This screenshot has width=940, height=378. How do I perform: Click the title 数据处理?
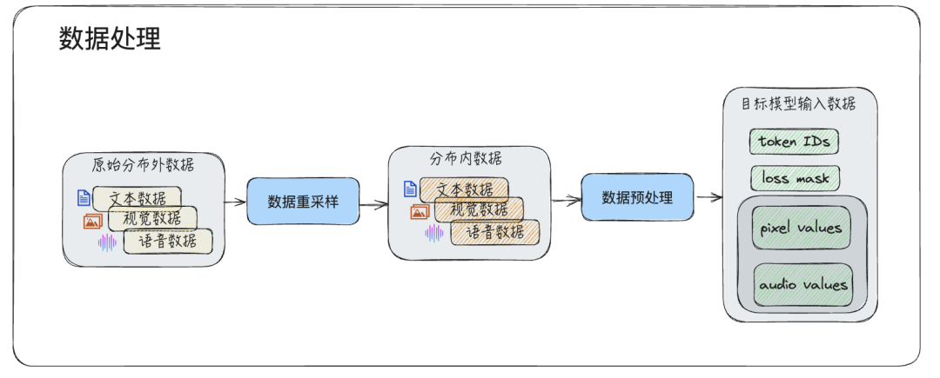(x=110, y=39)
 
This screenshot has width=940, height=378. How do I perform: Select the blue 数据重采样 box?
(x=302, y=202)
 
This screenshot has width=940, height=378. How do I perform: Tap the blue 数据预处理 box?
(x=637, y=197)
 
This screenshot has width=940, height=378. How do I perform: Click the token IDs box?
(x=795, y=141)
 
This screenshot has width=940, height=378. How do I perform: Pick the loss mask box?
(x=795, y=179)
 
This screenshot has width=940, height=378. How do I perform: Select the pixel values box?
(x=801, y=229)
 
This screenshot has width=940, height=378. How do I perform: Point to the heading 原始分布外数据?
(x=144, y=165)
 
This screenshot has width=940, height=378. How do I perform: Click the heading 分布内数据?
(x=466, y=158)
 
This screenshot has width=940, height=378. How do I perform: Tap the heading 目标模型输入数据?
(x=798, y=104)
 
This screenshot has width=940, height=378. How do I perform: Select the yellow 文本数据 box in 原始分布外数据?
(x=138, y=198)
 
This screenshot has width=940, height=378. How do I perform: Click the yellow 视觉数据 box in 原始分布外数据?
(x=151, y=218)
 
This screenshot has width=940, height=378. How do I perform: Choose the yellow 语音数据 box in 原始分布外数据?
(x=167, y=241)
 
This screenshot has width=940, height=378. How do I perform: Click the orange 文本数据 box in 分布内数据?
(x=464, y=189)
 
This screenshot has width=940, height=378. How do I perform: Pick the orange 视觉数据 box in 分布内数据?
(x=479, y=209)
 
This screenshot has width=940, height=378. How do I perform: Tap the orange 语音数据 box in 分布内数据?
(x=494, y=232)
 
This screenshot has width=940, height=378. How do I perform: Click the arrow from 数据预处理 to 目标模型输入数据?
(x=709, y=197)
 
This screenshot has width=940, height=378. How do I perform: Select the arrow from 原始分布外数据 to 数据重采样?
(x=234, y=202)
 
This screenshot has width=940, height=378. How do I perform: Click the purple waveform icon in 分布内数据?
(x=433, y=232)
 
